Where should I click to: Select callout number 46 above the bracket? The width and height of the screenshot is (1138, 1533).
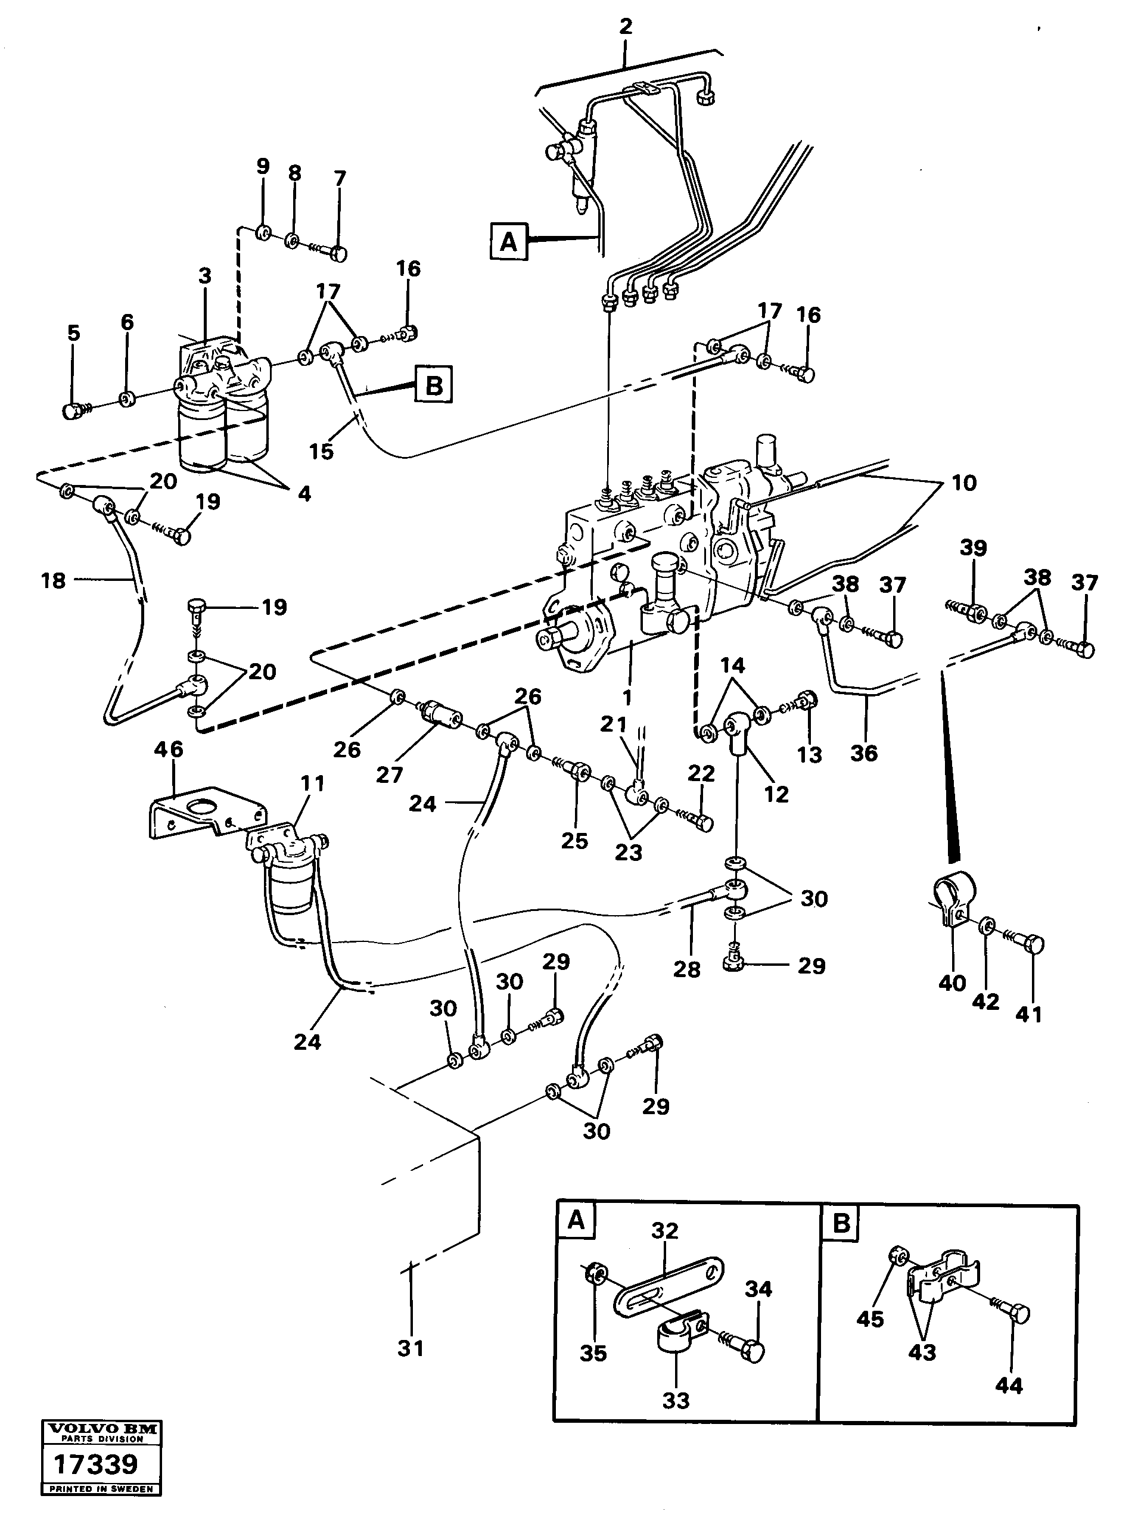coord(168,750)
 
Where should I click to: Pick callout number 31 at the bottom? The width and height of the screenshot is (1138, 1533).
coord(411,1348)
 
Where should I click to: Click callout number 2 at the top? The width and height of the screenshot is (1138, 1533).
coord(626,27)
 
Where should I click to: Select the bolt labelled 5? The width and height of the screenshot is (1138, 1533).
coord(74,412)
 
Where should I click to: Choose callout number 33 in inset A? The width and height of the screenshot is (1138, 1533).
coord(675,1400)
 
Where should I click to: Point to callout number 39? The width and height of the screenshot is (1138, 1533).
coord(974,548)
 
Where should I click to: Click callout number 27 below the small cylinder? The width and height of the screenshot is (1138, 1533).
coord(389,775)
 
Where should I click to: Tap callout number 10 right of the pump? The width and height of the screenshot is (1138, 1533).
coord(963,483)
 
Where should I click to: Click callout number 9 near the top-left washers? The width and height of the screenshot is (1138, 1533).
coord(263,167)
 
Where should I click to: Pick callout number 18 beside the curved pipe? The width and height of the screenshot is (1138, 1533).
coord(53,580)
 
